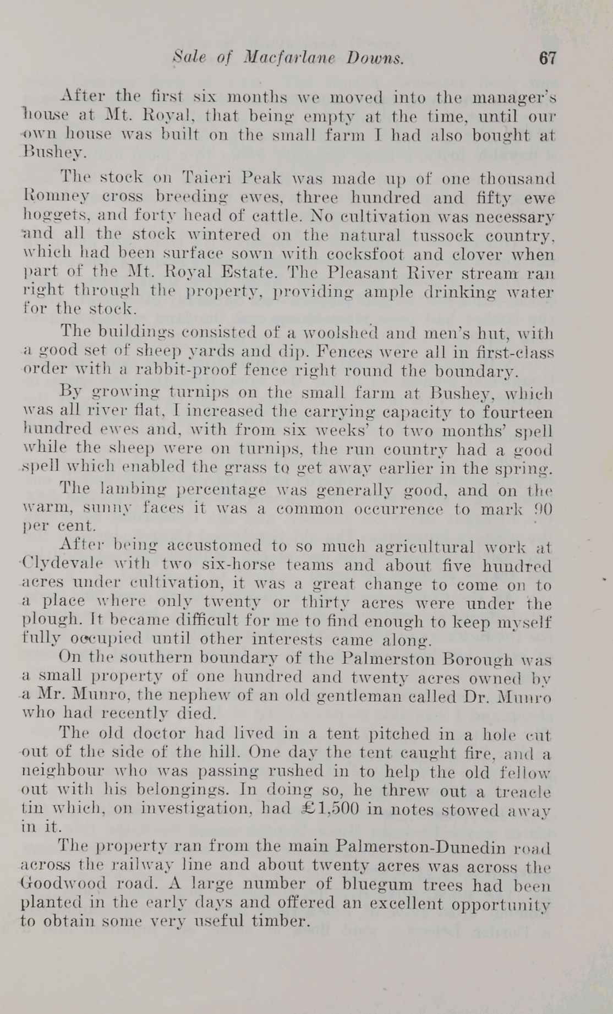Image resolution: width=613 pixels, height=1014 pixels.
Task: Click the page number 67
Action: [548, 58]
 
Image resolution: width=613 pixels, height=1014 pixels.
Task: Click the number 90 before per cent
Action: [541, 508]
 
